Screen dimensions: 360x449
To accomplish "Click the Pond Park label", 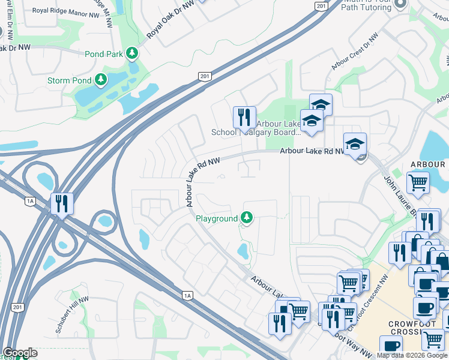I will (104, 54).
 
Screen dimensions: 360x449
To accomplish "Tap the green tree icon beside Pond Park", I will (132, 54).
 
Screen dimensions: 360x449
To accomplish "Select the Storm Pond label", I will (70, 80).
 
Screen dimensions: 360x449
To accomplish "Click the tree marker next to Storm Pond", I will (101, 80).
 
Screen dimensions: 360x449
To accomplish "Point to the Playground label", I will (217, 219).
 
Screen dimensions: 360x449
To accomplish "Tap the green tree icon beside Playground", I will (246, 218).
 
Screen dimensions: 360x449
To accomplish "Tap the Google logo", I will (20, 353).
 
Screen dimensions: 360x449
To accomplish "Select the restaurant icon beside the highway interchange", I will (62, 203).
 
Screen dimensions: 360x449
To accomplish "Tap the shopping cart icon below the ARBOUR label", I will (418, 182).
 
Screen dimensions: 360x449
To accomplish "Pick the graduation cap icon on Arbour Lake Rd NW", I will (355, 143).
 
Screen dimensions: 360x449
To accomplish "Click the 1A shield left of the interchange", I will (30, 201).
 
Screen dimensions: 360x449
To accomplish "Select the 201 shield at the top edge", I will (322, 5).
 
